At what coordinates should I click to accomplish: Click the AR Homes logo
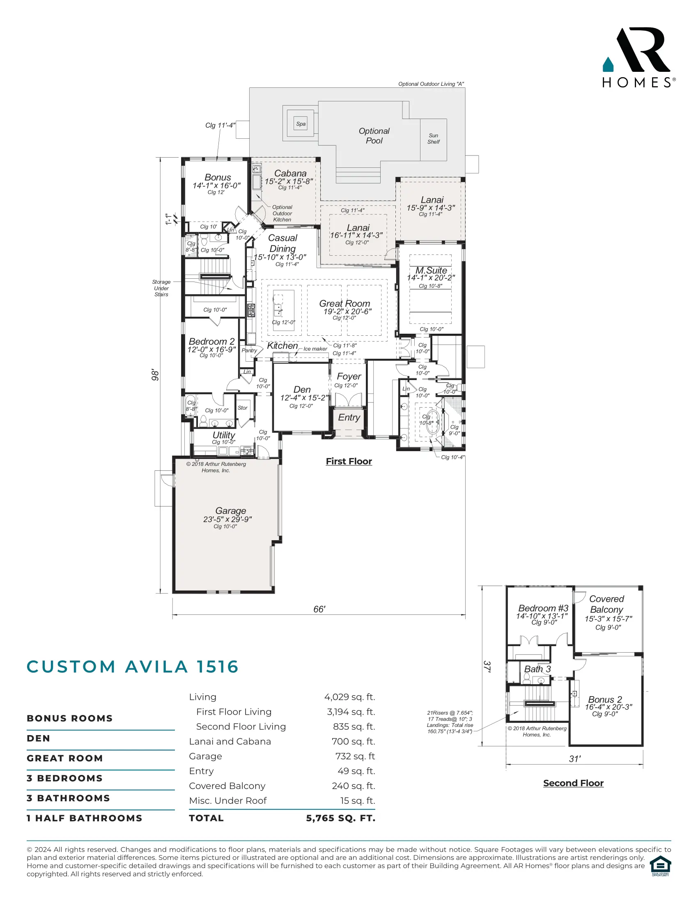(x=638, y=57)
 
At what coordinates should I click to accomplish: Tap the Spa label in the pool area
(x=301, y=124)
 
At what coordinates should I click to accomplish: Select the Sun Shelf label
(x=433, y=138)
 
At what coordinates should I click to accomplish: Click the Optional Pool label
(x=374, y=135)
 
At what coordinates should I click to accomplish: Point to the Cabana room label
(x=290, y=173)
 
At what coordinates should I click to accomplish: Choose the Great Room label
(x=344, y=303)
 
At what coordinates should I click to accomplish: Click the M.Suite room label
(x=431, y=270)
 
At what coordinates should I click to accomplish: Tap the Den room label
(x=302, y=390)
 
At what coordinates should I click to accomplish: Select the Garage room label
(x=230, y=511)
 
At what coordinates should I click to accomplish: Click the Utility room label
(x=224, y=435)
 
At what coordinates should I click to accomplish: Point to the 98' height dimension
(x=155, y=375)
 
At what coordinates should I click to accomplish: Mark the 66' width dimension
(x=319, y=609)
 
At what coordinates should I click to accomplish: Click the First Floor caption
(x=349, y=461)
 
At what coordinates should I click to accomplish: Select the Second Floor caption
(x=573, y=783)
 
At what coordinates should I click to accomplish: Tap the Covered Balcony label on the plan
(x=606, y=604)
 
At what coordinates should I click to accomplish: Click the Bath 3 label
(x=537, y=669)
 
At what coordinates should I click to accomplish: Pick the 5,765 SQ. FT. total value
(x=341, y=818)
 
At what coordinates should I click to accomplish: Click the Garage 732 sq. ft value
(x=355, y=756)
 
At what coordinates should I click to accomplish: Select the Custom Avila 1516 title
(x=133, y=667)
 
